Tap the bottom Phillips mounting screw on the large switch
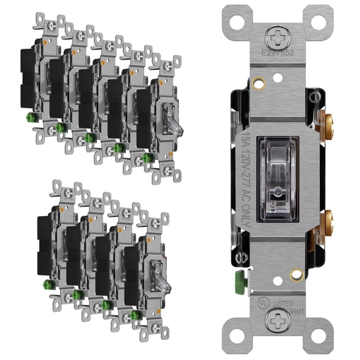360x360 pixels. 276,322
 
